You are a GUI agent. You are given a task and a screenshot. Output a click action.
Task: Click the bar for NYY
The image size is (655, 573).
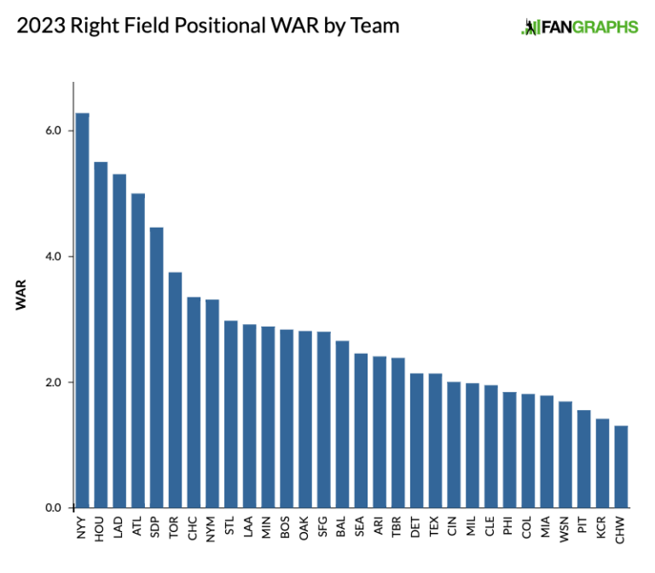point(82,310)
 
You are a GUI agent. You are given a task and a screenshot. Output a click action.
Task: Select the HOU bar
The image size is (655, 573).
point(101,335)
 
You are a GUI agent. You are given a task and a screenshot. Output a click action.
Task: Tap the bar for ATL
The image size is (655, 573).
point(137,350)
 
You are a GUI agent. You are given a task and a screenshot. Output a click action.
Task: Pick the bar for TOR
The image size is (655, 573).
point(175,390)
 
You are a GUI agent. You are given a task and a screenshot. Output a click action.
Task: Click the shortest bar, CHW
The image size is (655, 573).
point(621,466)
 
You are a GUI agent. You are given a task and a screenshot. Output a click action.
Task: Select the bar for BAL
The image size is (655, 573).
point(342,424)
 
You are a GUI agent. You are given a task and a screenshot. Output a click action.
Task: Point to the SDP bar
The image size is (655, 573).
point(156,368)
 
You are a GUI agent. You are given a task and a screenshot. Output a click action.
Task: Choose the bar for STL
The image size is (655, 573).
point(230,414)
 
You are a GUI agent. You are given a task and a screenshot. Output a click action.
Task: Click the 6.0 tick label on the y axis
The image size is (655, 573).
point(54,130)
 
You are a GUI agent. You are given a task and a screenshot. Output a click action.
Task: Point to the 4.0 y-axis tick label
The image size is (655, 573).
point(54,257)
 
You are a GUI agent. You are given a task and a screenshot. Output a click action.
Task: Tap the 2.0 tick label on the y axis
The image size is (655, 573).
point(54,382)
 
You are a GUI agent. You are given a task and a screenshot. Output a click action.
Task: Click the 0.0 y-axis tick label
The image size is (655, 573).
point(54,508)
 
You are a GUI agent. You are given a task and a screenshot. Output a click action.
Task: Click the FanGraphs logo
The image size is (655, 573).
point(579,27)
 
